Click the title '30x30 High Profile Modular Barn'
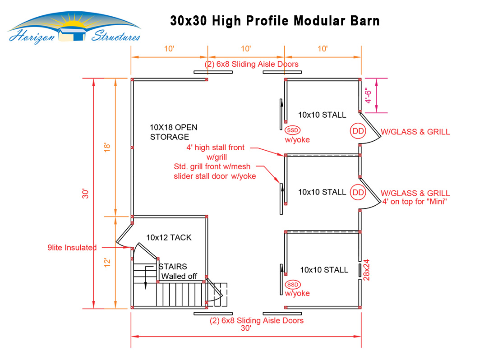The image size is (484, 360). pyautogui.click(x=275, y=21)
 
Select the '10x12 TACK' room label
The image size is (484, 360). pyautogui.click(x=169, y=237)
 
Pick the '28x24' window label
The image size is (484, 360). pyautogui.click(x=366, y=269)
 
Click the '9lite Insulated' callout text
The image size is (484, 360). pyautogui.click(x=72, y=248)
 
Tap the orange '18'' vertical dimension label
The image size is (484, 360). pyautogui.click(x=107, y=148)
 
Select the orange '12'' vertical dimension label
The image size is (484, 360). pyautogui.click(x=107, y=262)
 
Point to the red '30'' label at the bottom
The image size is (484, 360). pyautogui.click(x=246, y=328)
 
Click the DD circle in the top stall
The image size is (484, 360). pyautogui.click(x=358, y=131)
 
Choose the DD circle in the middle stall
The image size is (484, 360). pyautogui.click(x=358, y=192)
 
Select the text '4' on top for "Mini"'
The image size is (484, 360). pyautogui.click(x=414, y=202)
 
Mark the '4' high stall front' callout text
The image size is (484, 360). pyautogui.click(x=216, y=148)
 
